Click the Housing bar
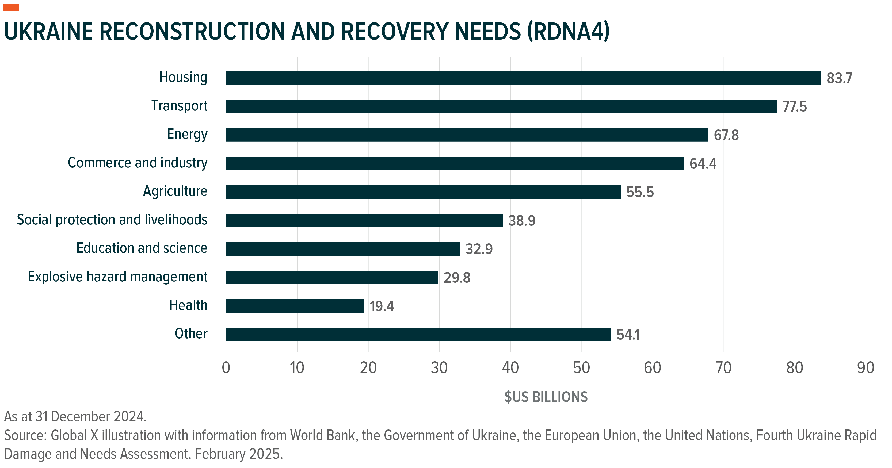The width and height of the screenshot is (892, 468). pyautogui.click(x=523, y=78)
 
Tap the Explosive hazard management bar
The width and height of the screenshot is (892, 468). pyautogui.click(x=332, y=278)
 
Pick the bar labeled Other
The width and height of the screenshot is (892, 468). pyautogui.click(x=418, y=334)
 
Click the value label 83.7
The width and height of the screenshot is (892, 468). pyautogui.click(x=839, y=78)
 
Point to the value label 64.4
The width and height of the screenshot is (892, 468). pyautogui.click(x=703, y=164)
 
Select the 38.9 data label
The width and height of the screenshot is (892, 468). pyautogui.click(x=521, y=221)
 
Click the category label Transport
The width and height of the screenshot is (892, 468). pyautogui.click(x=179, y=106)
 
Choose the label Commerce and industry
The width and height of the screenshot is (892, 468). pyautogui.click(x=138, y=163)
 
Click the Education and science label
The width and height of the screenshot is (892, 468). pyautogui.click(x=142, y=248)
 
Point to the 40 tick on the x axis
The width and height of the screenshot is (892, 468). pyautogui.click(x=510, y=368)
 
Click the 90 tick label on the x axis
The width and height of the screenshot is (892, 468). pyautogui.click(x=865, y=368)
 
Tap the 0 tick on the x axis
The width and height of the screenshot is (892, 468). pyautogui.click(x=226, y=368)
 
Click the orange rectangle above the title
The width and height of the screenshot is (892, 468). pyautogui.click(x=11, y=7)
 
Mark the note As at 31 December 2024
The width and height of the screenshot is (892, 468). pyautogui.click(x=75, y=417)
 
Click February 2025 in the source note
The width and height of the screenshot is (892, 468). pyautogui.click(x=239, y=454)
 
